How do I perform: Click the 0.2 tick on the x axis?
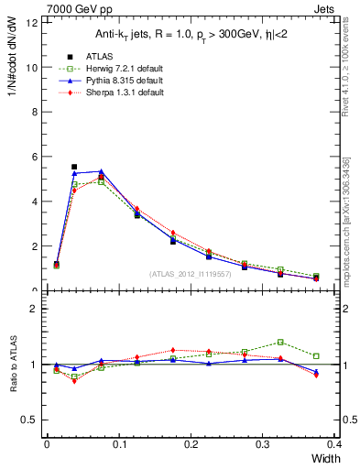[x=191, y=443]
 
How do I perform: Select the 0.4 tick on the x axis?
[x=334, y=443]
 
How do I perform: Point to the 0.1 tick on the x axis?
[x=119, y=443]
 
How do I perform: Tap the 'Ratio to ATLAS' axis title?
[x=12, y=364]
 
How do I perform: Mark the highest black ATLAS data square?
[x=74, y=167]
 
